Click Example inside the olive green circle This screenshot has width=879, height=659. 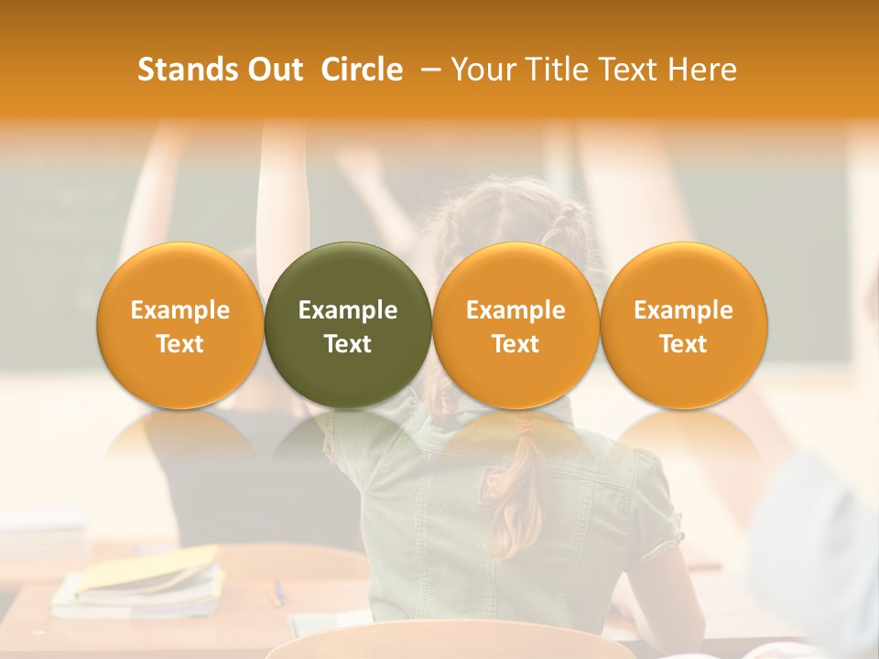pos(348,310)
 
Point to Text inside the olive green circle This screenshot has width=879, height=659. pos(348,344)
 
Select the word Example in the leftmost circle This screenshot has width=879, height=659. pos(179,310)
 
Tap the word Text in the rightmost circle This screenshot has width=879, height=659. pos(684,344)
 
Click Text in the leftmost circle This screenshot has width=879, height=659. pos(179,344)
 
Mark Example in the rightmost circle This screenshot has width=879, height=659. pos(684,310)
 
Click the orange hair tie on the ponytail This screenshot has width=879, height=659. pos(524,425)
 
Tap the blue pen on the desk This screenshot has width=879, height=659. pos(278,593)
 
